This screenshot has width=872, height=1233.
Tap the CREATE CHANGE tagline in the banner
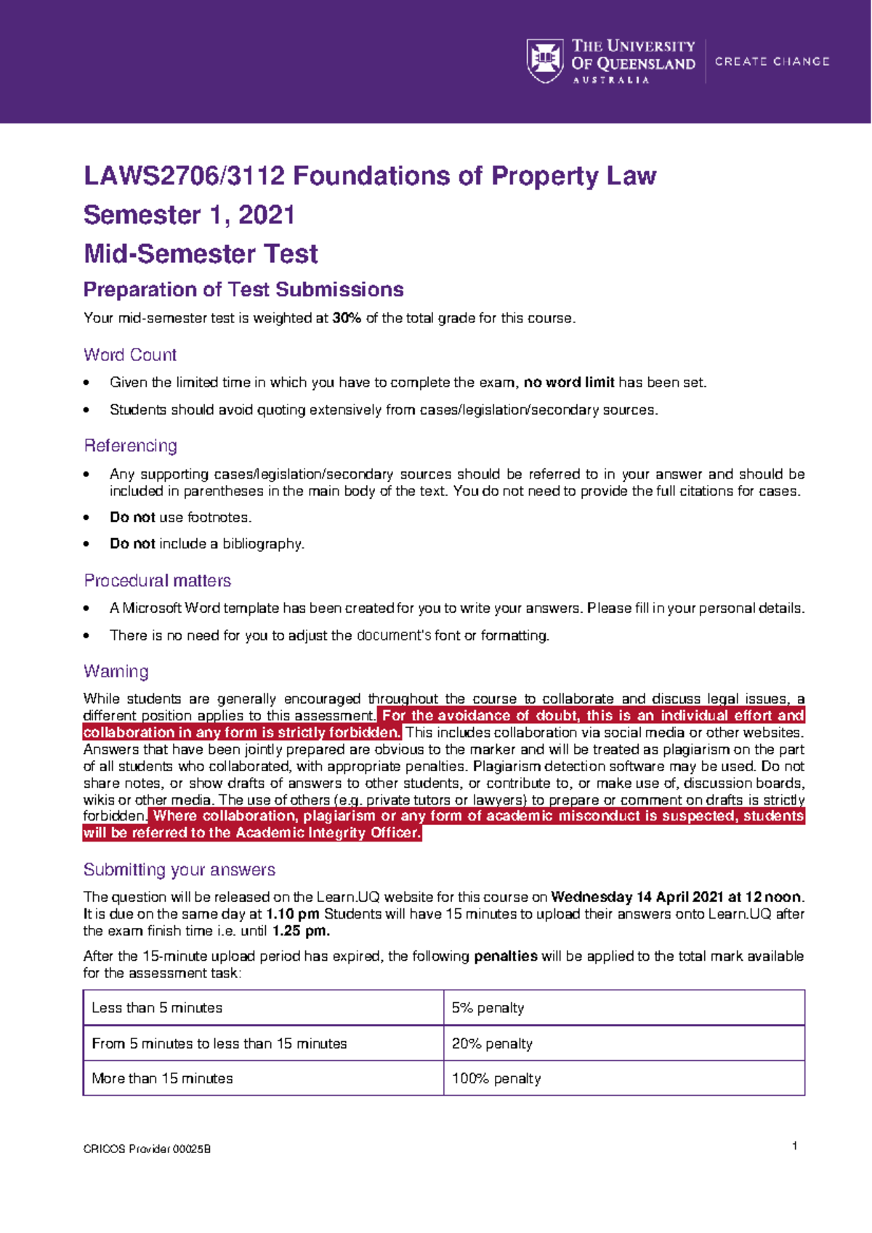click(772, 62)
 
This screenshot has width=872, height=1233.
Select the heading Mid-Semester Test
click(201, 254)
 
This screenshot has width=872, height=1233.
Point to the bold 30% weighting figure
click(347, 318)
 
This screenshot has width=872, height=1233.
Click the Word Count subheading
click(130, 355)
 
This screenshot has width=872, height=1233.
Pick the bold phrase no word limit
click(569, 383)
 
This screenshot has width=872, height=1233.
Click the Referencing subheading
click(130, 446)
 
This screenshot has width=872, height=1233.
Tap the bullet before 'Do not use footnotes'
click(87, 518)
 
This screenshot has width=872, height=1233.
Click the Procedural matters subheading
click(157, 581)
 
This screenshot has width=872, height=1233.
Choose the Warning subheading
click(116, 672)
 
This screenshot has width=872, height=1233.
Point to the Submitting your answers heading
click(179, 870)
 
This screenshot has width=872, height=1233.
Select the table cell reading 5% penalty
click(488, 1008)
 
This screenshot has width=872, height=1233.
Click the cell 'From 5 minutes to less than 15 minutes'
click(219, 1043)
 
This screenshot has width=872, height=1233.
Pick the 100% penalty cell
click(496, 1078)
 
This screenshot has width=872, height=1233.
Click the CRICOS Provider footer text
click(147, 1149)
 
